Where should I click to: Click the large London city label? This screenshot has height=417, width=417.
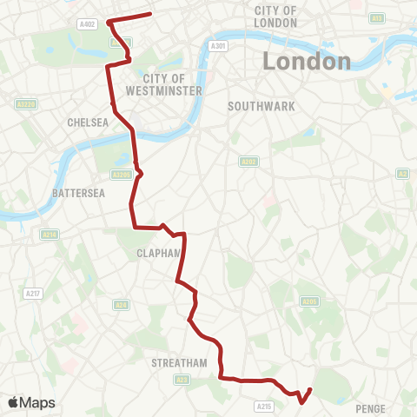tap(307, 62)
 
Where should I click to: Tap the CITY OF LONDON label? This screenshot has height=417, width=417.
tap(276, 16)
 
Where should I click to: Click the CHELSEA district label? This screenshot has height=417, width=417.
tap(88, 122)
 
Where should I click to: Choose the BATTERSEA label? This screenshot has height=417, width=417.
tap(77, 192)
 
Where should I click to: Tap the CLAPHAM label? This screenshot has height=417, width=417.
tap(156, 254)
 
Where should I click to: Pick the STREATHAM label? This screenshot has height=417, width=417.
tap(177, 362)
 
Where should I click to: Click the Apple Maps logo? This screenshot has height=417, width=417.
tap(31, 402)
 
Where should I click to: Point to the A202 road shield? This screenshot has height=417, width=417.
tap(248, 161)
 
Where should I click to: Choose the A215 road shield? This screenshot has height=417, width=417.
tap(264, 405)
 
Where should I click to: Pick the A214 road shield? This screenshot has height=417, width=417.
tap(50, 234)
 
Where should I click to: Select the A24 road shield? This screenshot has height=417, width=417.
tap(122, 304)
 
